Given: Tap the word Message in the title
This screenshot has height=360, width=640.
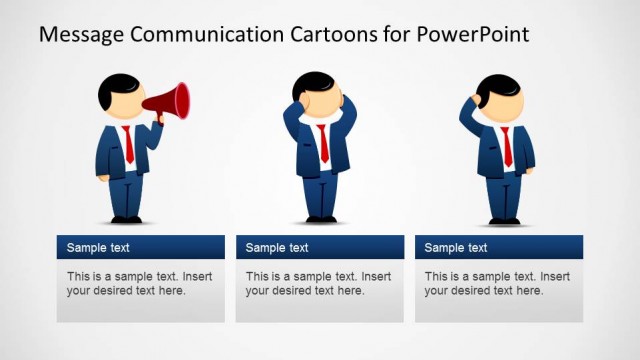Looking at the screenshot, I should [x=80, y=34].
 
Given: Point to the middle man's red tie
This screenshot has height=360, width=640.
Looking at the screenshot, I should [x=322, y=144].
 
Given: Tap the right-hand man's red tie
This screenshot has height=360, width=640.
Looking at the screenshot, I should [x=506, y=146].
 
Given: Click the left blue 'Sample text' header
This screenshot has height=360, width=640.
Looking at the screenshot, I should [x=140, y=247].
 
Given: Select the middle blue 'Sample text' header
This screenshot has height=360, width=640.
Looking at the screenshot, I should [x=320, y=247].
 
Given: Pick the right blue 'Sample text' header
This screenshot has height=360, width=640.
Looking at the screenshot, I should [x=499, y=247].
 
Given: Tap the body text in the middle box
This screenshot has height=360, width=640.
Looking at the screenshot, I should [x=318, y=283].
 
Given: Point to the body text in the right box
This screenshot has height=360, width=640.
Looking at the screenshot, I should [x=497, y=283].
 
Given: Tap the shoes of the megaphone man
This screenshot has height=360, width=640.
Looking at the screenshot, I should [x=126, y=219].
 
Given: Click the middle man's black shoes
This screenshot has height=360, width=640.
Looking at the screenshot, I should [x=320, y=218].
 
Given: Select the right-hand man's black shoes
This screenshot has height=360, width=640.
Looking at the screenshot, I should [x=504, y=220].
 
